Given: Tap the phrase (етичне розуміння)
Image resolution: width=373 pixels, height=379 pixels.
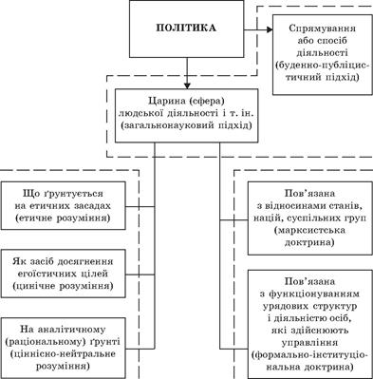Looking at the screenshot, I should [63, 220].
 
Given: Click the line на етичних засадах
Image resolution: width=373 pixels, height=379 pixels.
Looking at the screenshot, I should [64, 207].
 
